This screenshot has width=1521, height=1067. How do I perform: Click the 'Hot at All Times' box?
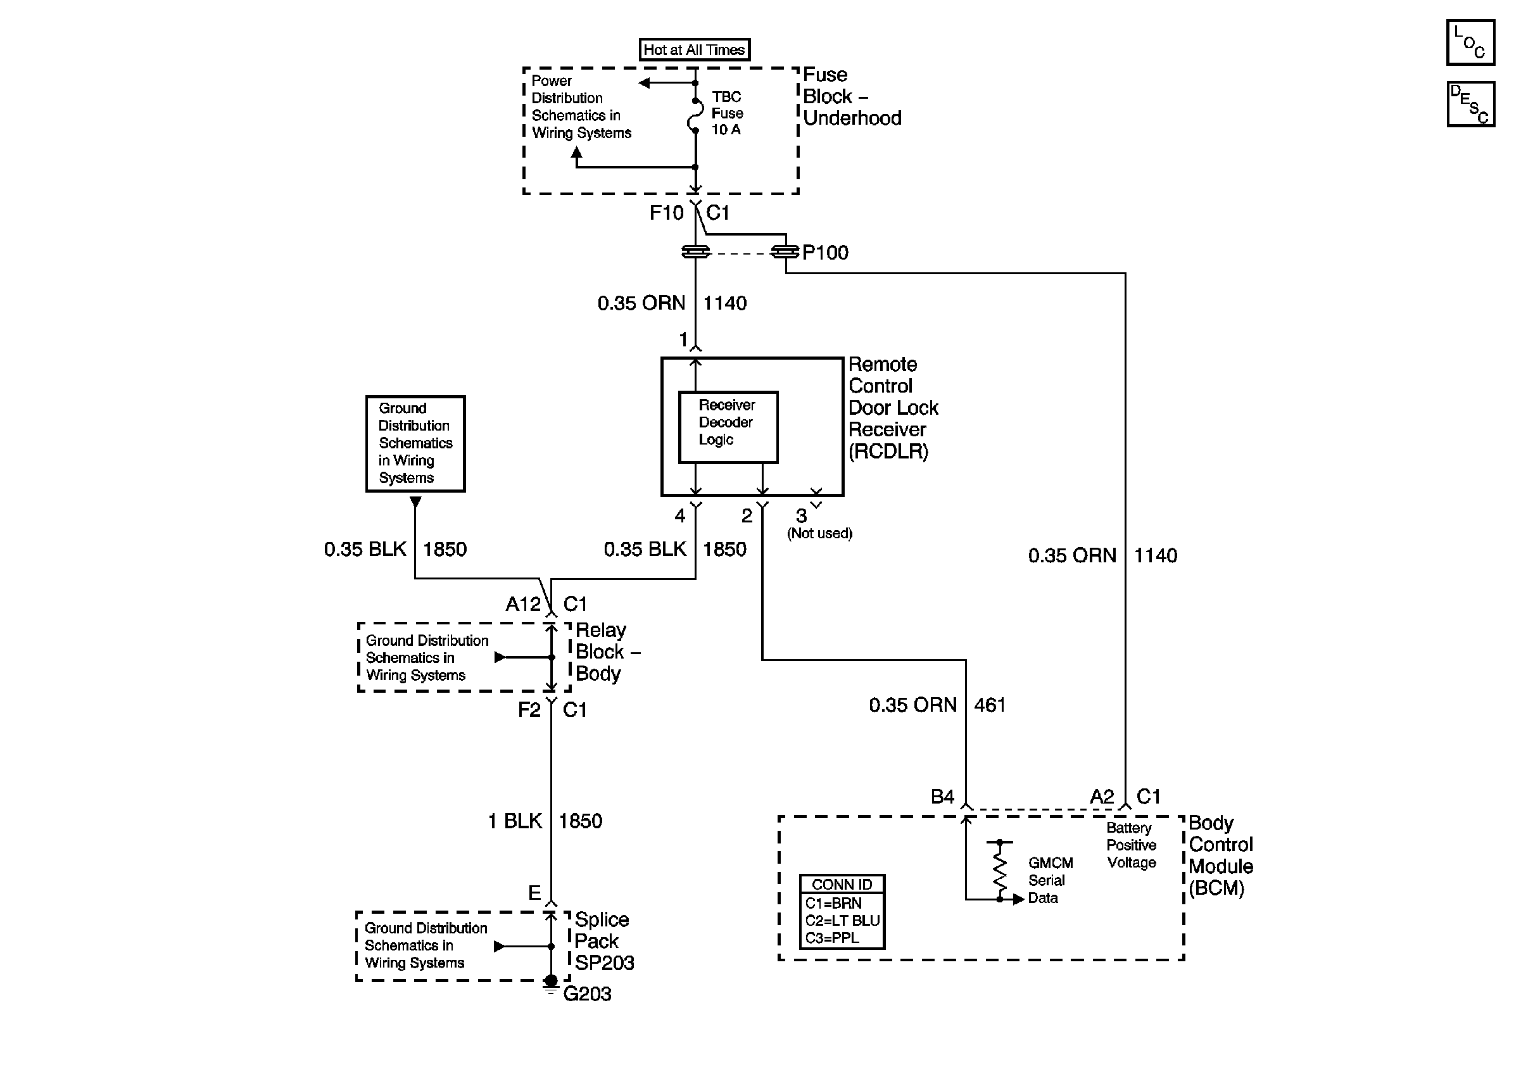[x=694, y=49]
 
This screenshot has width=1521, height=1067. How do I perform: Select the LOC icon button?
[x=1470, y=42]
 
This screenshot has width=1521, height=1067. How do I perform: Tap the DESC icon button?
[x=1470, y=104]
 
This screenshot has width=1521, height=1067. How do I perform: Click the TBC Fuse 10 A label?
[x=728, y=113]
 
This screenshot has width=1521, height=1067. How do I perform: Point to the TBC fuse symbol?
[x=695, y=116]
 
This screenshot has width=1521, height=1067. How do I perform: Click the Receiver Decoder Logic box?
[x=728, y=427]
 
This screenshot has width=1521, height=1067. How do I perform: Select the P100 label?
[x=824, y=253]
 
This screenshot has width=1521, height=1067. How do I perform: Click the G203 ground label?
[x=587, y=994]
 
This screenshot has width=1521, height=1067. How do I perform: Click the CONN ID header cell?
[x=842, y=884]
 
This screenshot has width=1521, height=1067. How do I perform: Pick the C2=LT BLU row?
[x=842, y=921]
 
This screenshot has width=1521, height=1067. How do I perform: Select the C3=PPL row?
[x=832, y=938]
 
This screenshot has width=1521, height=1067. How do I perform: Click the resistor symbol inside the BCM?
[x=1000, y=870]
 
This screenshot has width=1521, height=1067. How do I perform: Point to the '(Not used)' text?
[x=819, y=533]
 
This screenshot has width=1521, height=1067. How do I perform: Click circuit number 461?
[x=990, y=705]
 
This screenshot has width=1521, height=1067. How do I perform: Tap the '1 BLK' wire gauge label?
[x=515, y=821]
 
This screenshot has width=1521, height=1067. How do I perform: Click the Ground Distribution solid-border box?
[x=415, y=444]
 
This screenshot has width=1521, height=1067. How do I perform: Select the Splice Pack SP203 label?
[x=604, y=941]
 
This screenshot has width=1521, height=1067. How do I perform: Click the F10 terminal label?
[x=666, y=213]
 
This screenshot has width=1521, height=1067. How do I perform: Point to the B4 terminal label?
[x=942, y=796]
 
